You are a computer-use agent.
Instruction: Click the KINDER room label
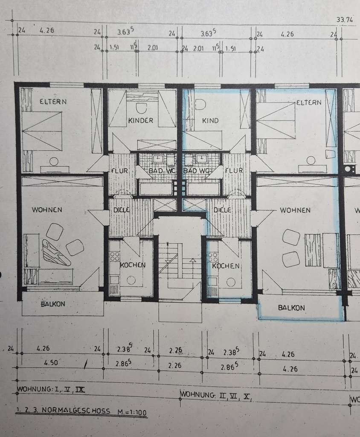click(140, 120)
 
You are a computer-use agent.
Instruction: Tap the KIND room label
click(210, 120)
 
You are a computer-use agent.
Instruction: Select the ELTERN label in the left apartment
click(53, 102)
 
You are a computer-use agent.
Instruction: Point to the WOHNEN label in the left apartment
click(46, 210)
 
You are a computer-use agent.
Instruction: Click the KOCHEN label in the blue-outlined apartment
click(226, 265)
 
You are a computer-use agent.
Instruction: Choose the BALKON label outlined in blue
click(291, 307)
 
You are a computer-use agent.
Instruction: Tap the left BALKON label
click(53, 304)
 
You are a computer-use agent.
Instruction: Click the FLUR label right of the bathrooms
click(234, 171)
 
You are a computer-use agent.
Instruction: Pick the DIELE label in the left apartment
click(122, 210)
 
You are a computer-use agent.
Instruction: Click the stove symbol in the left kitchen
click(115, 256)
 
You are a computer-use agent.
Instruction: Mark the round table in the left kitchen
click(131, 280)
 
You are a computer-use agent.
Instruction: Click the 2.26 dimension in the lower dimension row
click(175, 365)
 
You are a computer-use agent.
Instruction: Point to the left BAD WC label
click(156, 171)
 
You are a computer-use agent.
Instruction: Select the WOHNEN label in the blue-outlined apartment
click(295, 210)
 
